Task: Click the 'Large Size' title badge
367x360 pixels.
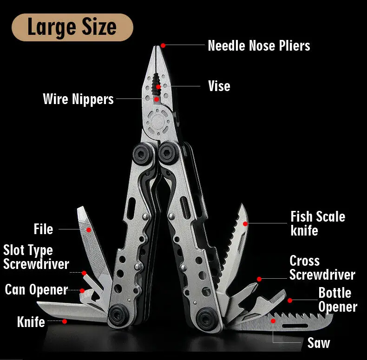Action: coord(72,27)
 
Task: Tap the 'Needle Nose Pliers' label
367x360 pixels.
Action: coord(259,46)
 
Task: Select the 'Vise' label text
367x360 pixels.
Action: coord(219,86)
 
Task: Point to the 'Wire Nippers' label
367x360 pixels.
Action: coord(78,99)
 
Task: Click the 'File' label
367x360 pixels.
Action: coord(43,229)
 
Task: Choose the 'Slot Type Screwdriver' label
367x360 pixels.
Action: coord(36,257)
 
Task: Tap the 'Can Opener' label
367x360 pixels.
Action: coord(36,290)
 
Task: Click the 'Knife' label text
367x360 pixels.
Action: coord(31,321)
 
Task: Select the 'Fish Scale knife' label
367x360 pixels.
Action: coord(318,223)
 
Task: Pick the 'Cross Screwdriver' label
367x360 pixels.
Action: coord(322,268)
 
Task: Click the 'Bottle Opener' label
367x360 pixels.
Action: coord(337,300)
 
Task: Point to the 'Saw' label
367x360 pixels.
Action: coord(319,343)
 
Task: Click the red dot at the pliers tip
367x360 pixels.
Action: coord(163,45)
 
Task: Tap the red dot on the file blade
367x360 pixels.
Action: coord(89,229)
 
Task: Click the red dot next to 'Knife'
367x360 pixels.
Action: coord(65,321)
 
